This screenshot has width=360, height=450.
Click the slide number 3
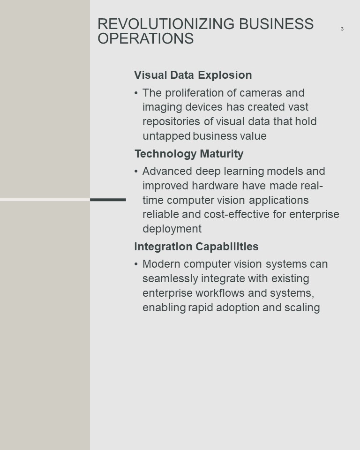[342, 29]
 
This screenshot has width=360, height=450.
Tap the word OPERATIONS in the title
[146, 38]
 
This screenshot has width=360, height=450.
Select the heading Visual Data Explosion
[193, 75]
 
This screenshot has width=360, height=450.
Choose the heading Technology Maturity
[189, 154]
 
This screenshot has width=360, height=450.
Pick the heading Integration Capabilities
[196, 247]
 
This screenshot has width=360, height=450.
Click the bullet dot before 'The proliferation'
[136, 93]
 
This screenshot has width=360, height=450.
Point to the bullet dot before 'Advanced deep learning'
[136, 172]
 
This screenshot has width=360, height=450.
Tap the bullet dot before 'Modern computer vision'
[136, 264]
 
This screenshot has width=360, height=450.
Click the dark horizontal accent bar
[108, 200]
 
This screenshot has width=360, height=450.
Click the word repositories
[171, 121]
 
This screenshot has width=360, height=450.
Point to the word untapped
[166, 136]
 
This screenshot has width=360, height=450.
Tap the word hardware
[215, 186]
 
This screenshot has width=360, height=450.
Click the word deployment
[172, 229]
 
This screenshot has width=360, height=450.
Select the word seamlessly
[170, 278]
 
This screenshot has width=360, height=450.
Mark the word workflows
[220, 293]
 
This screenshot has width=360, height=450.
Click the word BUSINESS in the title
[276, 24]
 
